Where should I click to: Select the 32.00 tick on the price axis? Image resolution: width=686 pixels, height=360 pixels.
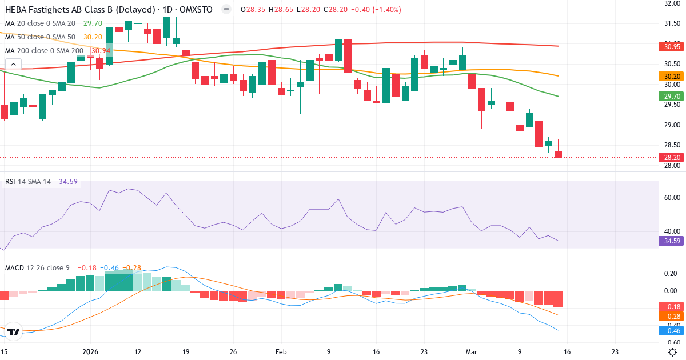click(x=669, y=3)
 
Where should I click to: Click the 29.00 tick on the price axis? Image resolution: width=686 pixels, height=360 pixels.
click(x=669, y=125)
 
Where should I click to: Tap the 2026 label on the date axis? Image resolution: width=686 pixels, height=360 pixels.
click(x=90, y=352)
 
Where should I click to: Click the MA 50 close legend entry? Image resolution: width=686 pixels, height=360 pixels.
click(x=39, y=37)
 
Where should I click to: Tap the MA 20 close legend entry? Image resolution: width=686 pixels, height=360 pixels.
click(x=39, y=23)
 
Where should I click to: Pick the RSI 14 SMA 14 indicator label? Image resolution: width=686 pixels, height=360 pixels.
click(x=28, y=181)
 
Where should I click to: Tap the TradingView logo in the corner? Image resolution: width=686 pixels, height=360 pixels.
click(x=14, y=331)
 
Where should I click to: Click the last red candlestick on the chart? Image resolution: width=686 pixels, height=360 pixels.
click(x=558, y=154)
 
